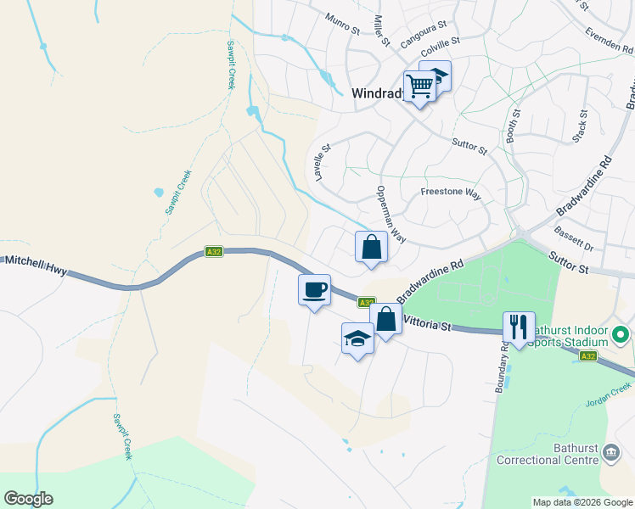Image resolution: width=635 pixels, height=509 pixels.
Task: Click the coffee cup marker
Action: tap(314, 290)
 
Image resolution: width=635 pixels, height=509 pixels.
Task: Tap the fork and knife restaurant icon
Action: tap(519, 327)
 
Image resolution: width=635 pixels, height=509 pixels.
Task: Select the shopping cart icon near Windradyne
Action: tap(419, 85)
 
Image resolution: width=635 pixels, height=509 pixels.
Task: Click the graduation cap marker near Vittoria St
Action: tap(357, 338)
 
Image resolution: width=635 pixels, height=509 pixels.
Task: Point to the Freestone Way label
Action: tap(451, 193)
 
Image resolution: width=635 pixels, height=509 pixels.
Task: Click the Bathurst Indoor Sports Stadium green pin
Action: tap(621, 337)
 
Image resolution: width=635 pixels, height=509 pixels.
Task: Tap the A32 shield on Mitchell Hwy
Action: tap(214, 252)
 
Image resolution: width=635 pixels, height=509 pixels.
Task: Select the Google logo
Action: tap(28, 499)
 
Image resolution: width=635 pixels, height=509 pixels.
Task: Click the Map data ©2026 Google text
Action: tap(582, 502)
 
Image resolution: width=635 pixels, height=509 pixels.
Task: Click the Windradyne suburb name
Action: tap(376, 95)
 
